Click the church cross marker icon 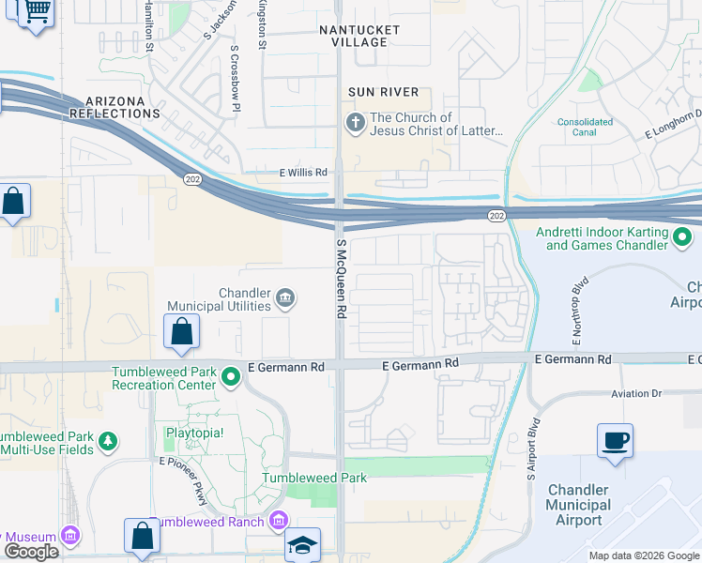tap(356, 123)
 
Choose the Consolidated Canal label tap(587, 127)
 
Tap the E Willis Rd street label tap(302, 173)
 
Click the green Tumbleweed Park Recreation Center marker tap(231, 378)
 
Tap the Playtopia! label tap(195, 434)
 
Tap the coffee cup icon tap(615, 440)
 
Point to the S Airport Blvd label tap(532, 449)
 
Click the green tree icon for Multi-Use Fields tap(109, 442)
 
